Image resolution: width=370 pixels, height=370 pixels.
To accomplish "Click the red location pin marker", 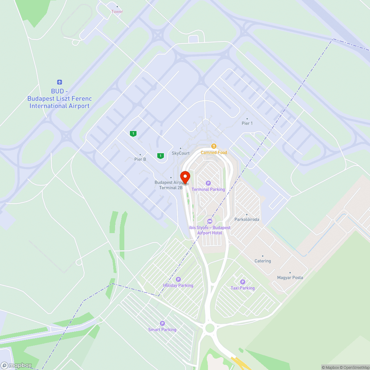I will pos(185,176).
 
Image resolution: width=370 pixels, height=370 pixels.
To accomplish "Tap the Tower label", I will pos(117,11).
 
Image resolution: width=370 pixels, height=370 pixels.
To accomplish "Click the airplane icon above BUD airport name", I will pos(60,82).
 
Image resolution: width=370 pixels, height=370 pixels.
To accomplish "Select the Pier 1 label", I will pos(247,123).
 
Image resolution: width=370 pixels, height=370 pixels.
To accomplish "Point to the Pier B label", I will pos(140,159).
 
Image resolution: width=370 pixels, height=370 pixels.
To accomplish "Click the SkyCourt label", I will pos(181,153).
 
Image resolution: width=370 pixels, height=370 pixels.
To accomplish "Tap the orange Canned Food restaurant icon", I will pos(214,146).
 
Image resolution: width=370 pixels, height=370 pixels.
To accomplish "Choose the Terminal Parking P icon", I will pos(208,183).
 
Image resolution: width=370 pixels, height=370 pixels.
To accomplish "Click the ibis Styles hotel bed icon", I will pos(210,221).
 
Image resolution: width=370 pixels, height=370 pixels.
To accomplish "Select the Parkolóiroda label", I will pos(247,219).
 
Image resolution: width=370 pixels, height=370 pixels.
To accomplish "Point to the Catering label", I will pos(263,261).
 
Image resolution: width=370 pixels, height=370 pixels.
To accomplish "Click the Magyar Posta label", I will pos(290,277).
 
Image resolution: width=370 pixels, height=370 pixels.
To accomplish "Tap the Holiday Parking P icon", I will pos(178,279).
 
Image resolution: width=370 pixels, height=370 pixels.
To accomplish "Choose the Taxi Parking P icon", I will pos(243,282).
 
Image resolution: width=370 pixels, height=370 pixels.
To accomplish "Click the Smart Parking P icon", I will pos(162,323).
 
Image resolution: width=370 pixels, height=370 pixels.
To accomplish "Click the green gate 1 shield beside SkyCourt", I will pos(160,156).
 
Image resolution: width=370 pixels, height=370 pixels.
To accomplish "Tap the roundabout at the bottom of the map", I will pos(210,328).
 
